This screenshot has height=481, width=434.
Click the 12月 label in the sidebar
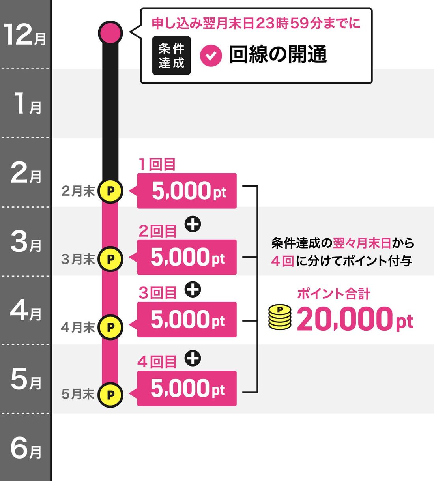(25, 35)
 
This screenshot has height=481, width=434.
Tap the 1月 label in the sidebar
(27, 104)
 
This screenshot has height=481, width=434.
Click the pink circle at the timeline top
(110, 32)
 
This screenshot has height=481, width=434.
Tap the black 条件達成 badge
(171, 56)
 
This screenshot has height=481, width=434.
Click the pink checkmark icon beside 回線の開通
(211, 55)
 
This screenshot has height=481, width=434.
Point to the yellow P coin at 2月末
(110, 191)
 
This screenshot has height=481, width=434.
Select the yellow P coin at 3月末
(110, 259)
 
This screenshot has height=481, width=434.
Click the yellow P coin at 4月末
(110, 327)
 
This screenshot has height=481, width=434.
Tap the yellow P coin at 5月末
(110, 395)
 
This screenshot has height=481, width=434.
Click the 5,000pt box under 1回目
(187, 191)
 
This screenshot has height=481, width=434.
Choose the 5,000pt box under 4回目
(187, 389)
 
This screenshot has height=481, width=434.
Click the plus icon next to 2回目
(193, 225)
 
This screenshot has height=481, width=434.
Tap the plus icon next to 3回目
(193, 290)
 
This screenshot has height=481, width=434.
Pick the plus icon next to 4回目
(193, 358)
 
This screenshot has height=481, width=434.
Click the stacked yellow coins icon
(280, 317)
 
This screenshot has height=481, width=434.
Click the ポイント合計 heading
(333, 294)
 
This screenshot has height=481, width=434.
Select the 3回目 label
(157, 293)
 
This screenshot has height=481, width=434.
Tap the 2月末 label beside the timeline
(78, 191)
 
